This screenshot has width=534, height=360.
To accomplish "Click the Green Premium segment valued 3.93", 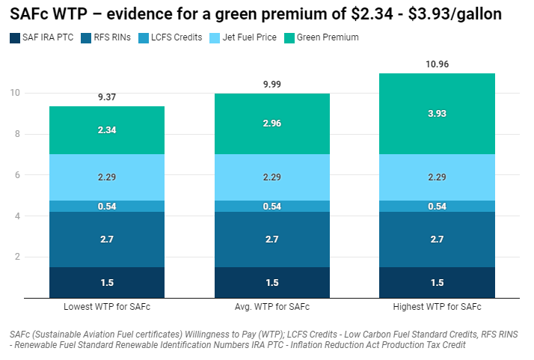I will point(437,114).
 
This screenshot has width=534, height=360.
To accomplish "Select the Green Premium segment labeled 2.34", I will point(107,130).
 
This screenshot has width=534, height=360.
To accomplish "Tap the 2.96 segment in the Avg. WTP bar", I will point(272,124).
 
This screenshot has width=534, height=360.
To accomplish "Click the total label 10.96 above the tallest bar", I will point(437,64).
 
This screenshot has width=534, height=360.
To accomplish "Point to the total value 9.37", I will point(107,97).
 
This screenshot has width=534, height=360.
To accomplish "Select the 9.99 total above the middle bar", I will point(272,85).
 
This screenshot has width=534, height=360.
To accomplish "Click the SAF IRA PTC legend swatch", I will point(15,37).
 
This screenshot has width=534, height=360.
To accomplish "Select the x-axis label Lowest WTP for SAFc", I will point(107,308).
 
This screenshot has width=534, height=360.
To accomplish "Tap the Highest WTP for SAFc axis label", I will point(437,308).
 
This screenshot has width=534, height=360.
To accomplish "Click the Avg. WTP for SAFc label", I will point(272,308).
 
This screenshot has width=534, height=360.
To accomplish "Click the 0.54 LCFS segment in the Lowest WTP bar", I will point(107,207).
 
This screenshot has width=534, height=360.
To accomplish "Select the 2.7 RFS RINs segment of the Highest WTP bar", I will point(437,240).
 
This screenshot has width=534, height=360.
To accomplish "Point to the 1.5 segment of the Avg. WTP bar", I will point(272,282).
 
